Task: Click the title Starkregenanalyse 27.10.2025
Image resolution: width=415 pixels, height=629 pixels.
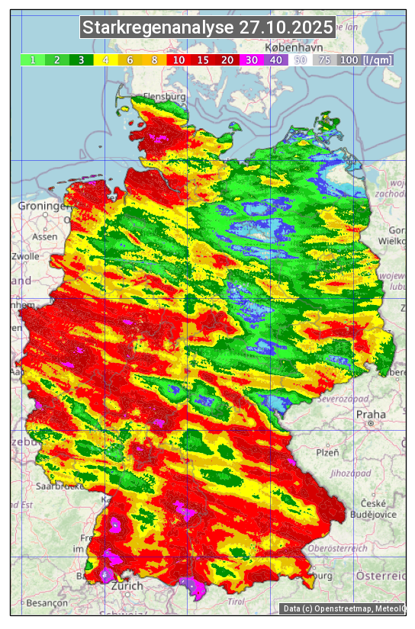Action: [x=207, y=28]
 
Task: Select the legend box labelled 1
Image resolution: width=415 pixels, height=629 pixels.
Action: [x=33, y=59]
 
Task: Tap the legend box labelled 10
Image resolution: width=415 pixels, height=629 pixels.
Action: [x=179, y=59]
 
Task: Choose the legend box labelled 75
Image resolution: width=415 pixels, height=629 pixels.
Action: [x=324, y=59]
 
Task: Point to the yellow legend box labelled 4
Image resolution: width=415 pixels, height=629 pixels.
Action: [x=105, y=59]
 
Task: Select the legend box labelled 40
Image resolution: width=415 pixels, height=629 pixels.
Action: [x=275, y=59]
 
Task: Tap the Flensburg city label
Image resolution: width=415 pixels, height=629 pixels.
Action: [x=165, y=98]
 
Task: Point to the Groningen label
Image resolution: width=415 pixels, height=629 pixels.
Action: [x=40, y=207]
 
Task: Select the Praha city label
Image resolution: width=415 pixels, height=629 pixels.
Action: [x=371, y=415]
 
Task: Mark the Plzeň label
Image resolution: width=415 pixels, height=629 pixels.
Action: [x=327, y=452]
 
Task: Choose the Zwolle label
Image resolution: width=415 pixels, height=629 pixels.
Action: [x=25, y=256]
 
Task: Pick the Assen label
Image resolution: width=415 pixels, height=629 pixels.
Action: [x=45, y=237]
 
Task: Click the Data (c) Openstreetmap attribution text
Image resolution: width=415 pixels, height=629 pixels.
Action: [x=343, y=608]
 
